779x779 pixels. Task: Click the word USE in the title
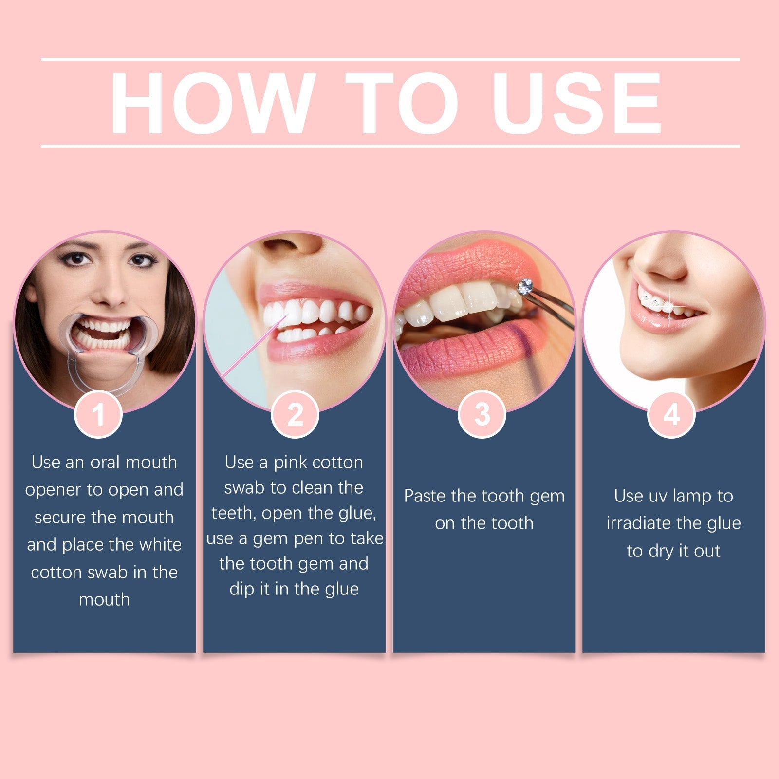point(578,103)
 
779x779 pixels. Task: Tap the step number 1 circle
point(98,414)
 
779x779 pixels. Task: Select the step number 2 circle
point(295,414)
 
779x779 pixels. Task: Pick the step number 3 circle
point(482,414)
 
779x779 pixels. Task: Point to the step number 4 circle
point(671,414)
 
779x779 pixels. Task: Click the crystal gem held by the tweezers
point(525,286)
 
